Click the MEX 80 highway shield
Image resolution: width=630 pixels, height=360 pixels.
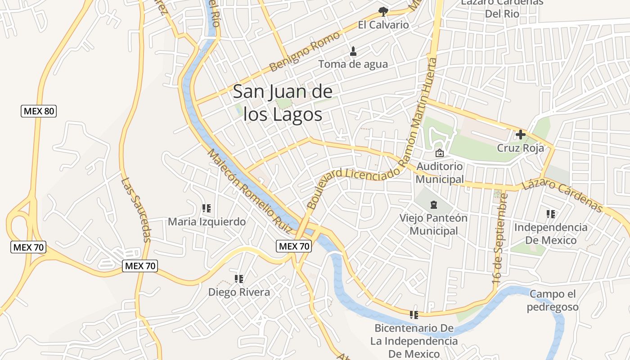(x=39, y=111)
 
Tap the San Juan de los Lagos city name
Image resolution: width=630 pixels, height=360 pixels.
(x=283, y=103)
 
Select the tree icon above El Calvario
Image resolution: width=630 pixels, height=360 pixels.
(x=383, y=11)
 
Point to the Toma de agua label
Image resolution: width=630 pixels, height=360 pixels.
(x=353, y=64)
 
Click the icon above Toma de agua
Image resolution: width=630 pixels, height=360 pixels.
(x=353, y=51)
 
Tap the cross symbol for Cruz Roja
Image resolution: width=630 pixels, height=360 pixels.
(x=521, y=134)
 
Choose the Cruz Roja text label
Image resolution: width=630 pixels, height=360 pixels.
(x=521, y=148)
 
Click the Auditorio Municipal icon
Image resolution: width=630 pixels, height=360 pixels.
(x=440, y=153)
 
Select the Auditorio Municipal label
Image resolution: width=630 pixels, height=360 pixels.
(x=440, y=173)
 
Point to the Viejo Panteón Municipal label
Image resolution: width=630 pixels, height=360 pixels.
(x=434, y=225)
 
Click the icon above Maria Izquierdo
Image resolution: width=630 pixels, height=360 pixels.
(x=207, y=208)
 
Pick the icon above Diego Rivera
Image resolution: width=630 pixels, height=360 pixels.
(x=239, y=279)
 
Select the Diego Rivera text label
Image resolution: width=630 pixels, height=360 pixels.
(x=239, y=292)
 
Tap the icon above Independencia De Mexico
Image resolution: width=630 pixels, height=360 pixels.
(x=551, y=214)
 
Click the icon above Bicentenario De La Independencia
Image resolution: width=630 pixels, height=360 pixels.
(x=414, y=315)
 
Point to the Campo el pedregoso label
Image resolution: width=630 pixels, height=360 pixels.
(x=553, y=301)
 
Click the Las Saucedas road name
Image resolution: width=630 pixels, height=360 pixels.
(x=136, y=209)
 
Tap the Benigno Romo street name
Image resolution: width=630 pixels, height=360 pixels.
(x=304, y=52)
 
